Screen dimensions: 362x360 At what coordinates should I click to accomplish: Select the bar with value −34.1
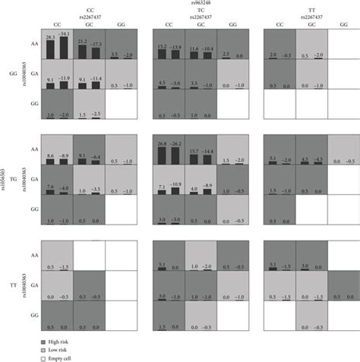65,49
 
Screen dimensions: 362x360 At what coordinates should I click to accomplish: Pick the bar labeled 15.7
191,158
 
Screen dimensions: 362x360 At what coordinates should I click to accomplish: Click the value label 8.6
49,154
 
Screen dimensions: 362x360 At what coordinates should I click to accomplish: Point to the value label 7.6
49,185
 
